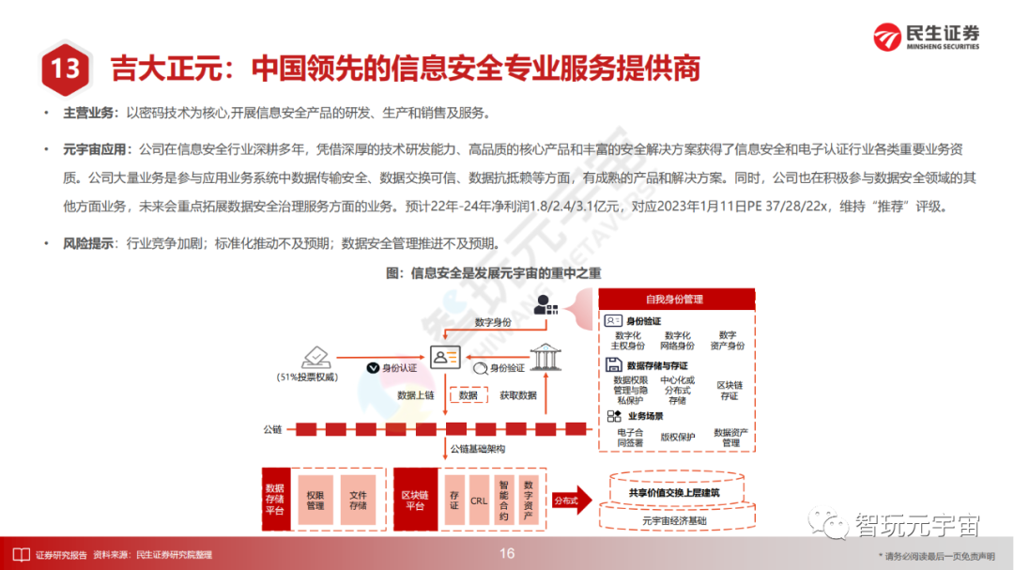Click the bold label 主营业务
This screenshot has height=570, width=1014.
91,114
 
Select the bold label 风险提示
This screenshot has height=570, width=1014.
91,243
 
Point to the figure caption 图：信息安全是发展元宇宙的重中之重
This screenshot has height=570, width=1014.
493,273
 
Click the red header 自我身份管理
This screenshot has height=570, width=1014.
674,300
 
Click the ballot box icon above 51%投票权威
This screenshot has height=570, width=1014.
315,358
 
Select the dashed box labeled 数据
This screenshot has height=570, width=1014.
468,396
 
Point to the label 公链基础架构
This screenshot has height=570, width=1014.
478,448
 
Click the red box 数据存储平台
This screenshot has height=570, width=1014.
275,500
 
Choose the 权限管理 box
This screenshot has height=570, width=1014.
315,500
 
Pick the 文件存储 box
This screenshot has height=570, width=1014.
358,500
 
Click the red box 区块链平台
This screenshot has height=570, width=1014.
414,500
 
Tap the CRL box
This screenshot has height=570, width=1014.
479,501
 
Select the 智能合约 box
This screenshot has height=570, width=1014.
504,500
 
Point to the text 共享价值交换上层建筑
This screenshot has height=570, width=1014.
674,491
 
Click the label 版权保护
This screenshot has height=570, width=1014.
677,437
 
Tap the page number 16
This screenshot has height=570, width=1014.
507,553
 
